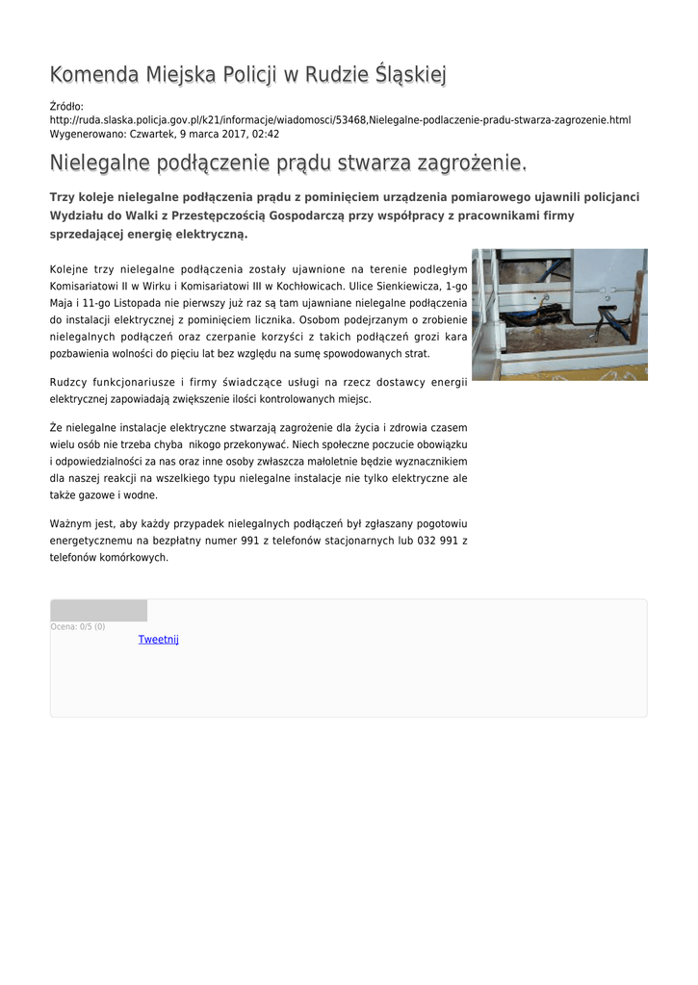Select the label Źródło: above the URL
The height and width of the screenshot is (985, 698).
pyautogui.click(x=66, y=106)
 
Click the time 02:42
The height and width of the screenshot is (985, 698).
pyautogui.click(x=266, y=135)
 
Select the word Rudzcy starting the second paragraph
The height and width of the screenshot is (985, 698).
pyautogui.click(x=67, y=383)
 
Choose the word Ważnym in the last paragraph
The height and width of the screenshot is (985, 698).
pyautogui.click(x=70, y=524)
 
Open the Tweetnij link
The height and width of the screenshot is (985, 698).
pyautogui.click(x=158, y=640)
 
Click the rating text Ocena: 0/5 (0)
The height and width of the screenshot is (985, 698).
pyautogui.click(x=78, y=627)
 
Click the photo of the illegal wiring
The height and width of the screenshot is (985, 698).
pyautogui.click(x=558, y=315)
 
